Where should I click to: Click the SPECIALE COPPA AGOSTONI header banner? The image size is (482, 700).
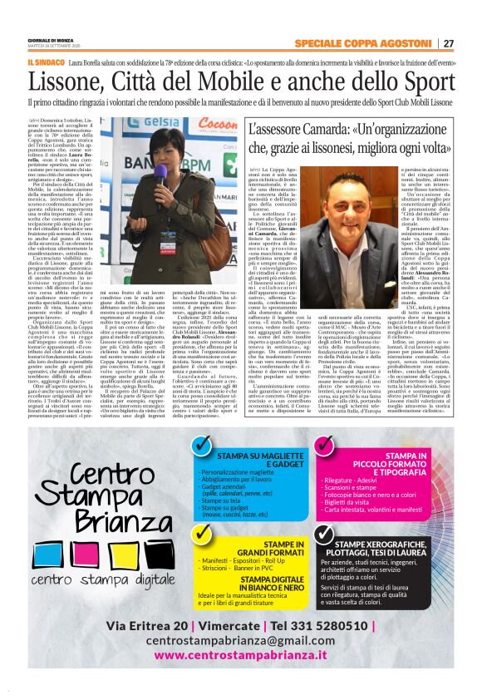point(367,44)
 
